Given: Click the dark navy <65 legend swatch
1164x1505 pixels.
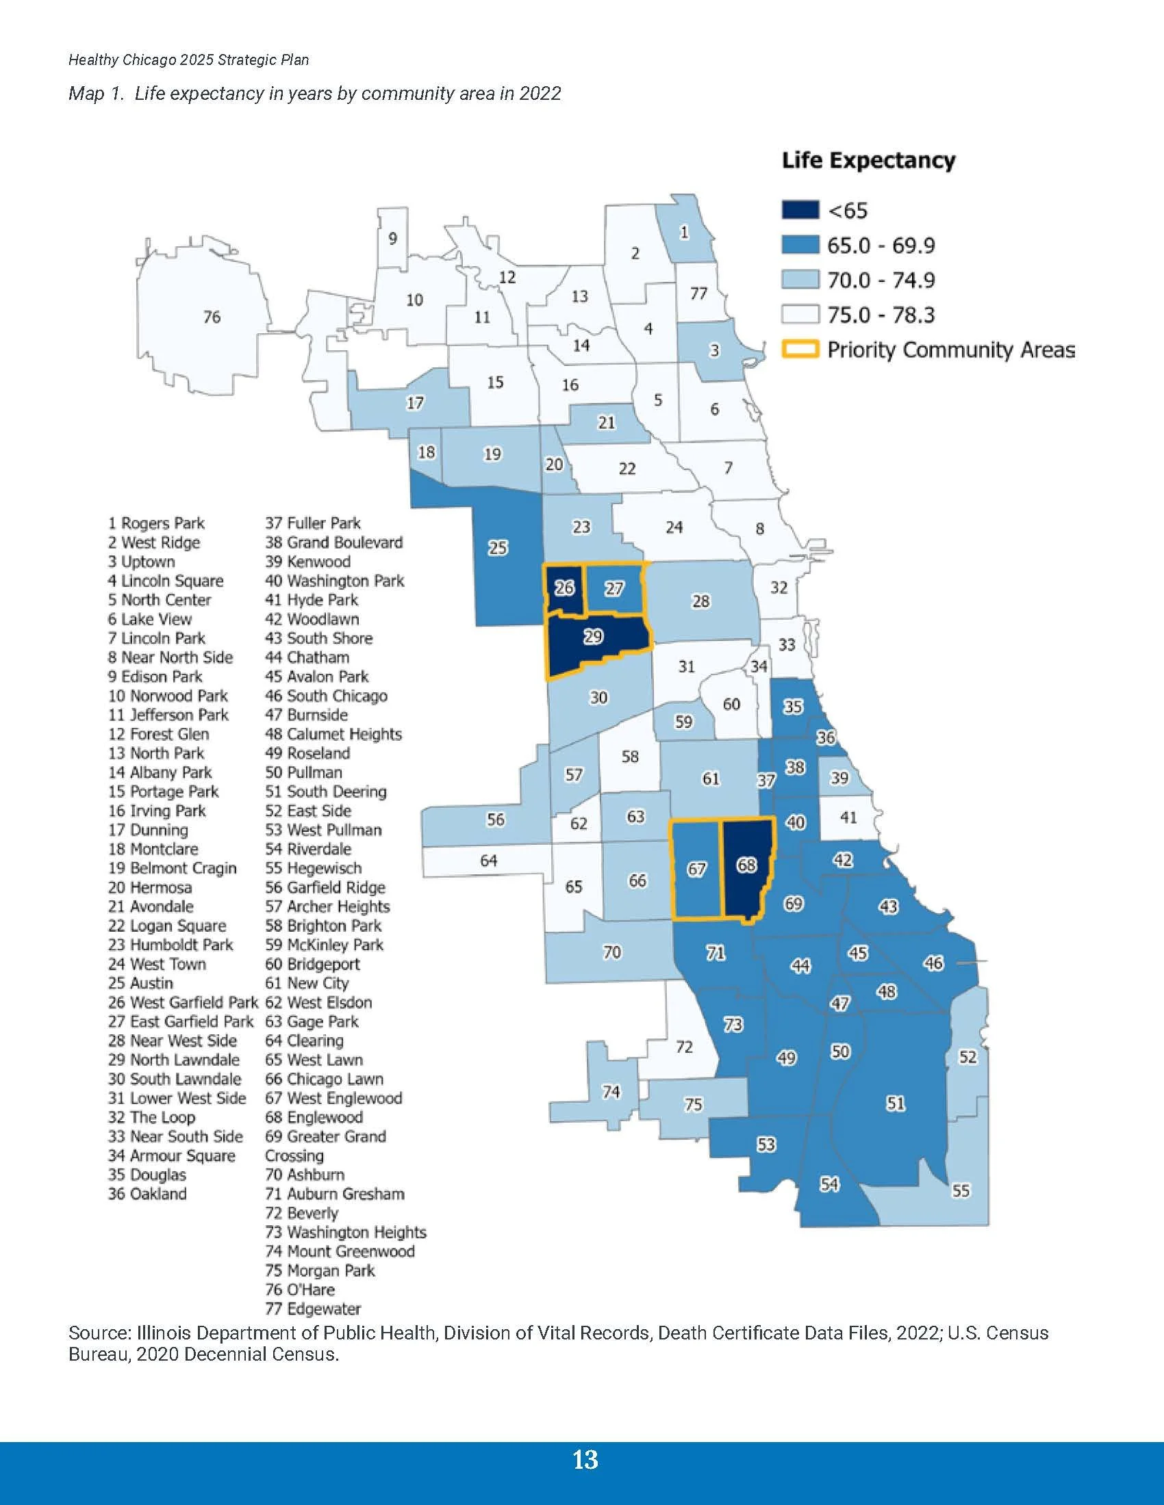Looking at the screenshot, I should (800, 210).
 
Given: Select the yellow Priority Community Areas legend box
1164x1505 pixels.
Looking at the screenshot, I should (800, 350).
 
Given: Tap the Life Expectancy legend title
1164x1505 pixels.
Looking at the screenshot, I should (868, 161).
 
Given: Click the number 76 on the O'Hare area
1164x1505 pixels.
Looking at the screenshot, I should (212, 317).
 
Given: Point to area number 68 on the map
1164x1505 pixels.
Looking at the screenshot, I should (747, 864).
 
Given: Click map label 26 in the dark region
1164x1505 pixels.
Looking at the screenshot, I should (564, 588).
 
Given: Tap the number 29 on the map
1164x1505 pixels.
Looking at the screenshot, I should (593, 637).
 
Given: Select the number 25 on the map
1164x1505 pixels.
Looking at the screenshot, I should (498, 548).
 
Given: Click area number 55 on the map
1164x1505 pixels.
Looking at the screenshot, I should (961, 1190).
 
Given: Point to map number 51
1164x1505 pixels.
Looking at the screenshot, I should (895, 1103).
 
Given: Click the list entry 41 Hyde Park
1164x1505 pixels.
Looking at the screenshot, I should (312, 600).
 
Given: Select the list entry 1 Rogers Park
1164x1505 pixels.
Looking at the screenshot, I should (157, 524).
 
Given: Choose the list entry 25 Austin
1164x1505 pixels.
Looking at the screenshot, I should (140, 983).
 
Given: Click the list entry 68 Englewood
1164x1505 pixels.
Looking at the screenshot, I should (314, 1117).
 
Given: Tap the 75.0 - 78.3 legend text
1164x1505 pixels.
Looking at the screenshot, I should (881, 315).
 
